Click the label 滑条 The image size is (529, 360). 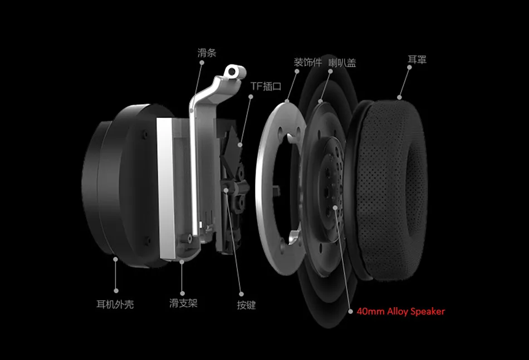[207, 53]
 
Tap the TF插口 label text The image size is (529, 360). [266, 86]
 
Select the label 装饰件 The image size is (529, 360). [308, 62]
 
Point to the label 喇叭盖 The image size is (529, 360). [342, 63]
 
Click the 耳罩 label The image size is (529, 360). [417, 60]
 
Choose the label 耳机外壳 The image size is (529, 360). [115, 304]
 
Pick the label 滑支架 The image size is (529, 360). [183, 303]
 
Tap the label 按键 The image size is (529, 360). [246, 305]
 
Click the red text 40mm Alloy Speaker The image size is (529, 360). [401, 311]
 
